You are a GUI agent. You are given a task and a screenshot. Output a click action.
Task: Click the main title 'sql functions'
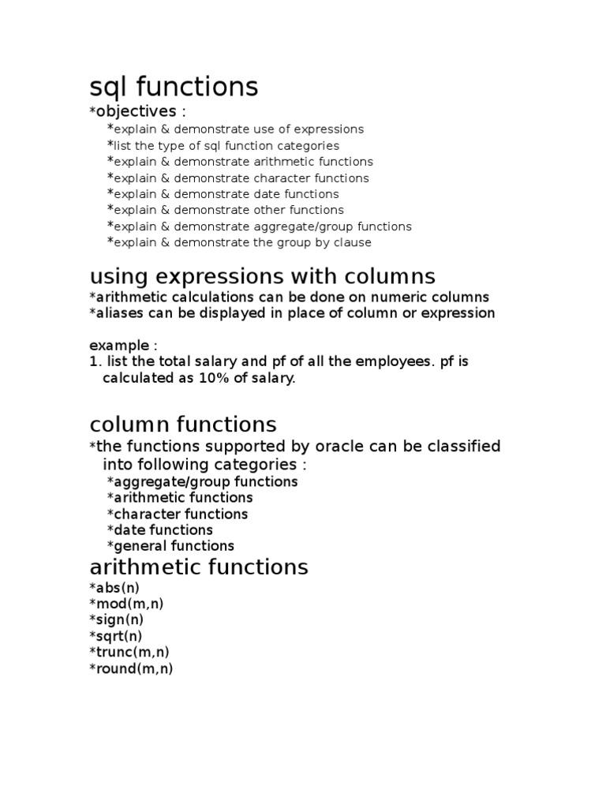pyautogui.click(x=174, y=87)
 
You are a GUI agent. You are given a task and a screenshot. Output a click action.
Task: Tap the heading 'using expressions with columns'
pyautogui.click(x=262, y=276)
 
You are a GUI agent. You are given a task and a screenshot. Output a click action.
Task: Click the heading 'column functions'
pyautogui.click(x=183, y=425)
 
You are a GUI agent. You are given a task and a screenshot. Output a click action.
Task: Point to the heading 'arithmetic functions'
pyautogui.click(x=199, y=567)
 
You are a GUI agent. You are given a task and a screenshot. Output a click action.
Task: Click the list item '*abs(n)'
pyautogui.click(x=114, y=588)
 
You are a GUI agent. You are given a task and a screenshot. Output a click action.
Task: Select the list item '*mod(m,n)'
pyautogui.click(x=127, y=604)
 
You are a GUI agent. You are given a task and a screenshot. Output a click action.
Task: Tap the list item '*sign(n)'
pyautogui.click(x=117, y=620)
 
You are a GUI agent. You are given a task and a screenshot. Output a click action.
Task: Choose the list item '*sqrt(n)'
pyautogui.click(x=116, y=636)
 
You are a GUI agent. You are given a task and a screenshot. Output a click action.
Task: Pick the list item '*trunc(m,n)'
pyautogui.click(x=129, y=653)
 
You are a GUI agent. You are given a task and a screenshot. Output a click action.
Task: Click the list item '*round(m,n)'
pyautogui.click(x=131, y=669)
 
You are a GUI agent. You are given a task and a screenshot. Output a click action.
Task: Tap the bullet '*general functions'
pyautogui.click(x=170, y=546)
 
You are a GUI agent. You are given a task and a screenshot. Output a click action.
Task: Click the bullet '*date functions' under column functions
pyautogui.click(x=159, y=530)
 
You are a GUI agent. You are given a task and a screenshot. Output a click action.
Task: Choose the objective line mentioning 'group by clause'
pyautogui.click(x=239, y=243)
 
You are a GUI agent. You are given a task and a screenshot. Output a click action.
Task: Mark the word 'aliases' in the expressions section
pyautogui.click(x=120, y=313)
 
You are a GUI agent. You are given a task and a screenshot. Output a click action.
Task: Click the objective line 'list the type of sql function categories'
pyautogui.click(x=223, y=146)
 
